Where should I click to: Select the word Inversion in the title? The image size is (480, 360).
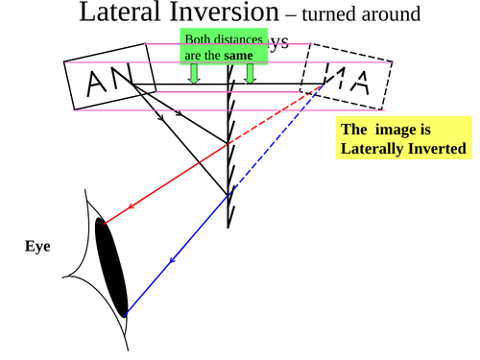coord(227,13)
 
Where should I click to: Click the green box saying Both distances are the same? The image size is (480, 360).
coord(225,47)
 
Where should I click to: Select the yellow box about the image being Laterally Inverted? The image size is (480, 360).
coord(403,139)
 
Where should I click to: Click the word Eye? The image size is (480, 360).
coord(37,247)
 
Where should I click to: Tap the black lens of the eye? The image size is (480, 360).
coord(111,267)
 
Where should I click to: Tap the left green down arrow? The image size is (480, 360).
coord(194,74)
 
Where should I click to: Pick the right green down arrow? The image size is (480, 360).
coord(250,74)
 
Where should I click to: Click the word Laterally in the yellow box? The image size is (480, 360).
coord(375,149)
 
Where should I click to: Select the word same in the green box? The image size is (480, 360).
coord(239,56)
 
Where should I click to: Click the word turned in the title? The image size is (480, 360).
coord(328,15)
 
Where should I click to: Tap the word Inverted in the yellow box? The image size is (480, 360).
coord(437,149)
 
